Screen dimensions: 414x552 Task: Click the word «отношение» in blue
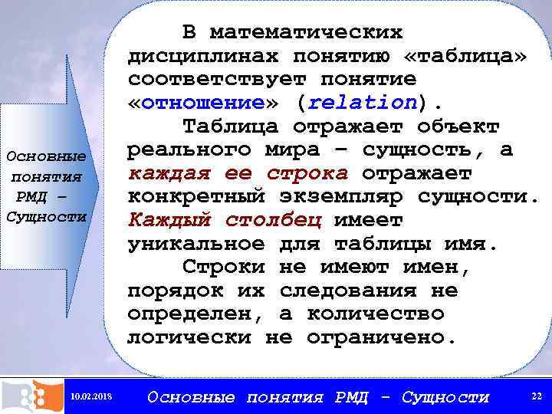pos(203,103)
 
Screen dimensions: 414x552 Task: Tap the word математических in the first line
pos(306,33)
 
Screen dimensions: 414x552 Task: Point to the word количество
pos(375,314)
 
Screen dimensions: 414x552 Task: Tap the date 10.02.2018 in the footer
pos(90,396)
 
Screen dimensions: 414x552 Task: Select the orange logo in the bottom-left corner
pos(31,396)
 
